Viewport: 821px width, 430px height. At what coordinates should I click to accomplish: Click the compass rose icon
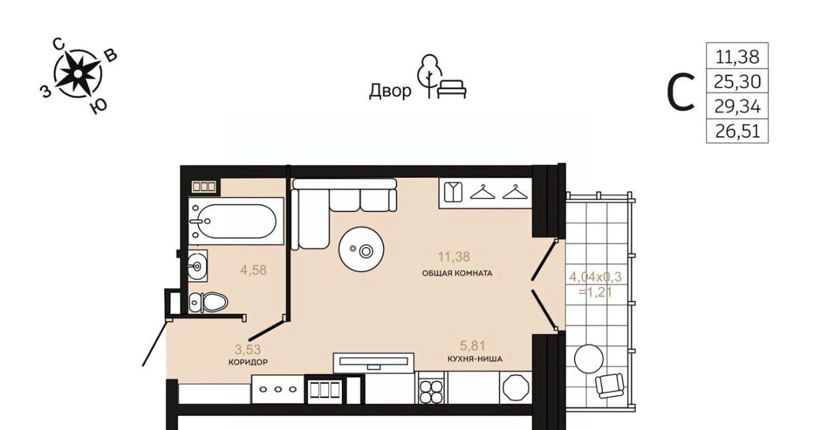pyautogui.click(x=78, y=74)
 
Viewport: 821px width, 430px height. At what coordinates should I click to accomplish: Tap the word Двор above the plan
pyautogui.click(x=390, y=90)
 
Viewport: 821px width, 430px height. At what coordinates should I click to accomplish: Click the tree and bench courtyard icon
pyautogui.click(x=442, y=77)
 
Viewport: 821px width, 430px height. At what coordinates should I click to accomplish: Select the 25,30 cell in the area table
pyautogui.click(x=737, y=81)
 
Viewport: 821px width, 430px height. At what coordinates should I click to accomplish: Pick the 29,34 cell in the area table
pyautogui.click(x=737, y=106)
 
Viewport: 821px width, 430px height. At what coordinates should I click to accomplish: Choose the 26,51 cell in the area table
pyautogui.click(x=737, y=131)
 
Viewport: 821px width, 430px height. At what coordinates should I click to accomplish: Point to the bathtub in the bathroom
pyautogui.click(x=235, y=221)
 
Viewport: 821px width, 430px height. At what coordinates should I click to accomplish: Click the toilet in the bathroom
pyautogui.click(x=208, y=302)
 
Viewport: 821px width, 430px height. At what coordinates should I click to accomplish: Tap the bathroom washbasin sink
pyautogui.click(x=198, y=266)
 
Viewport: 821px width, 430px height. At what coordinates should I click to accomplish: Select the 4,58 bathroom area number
pyautogui.click(x=253, y=270)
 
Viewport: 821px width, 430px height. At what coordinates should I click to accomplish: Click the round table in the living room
pyautogui.click(x=361, y=250)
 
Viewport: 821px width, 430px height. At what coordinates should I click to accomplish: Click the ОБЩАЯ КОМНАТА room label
pyautogui.click(x=457, y=273)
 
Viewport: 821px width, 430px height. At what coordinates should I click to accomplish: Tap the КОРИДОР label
pyautogui.click(x=248, y=362)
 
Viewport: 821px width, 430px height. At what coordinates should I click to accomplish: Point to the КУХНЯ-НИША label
pyautogui.click(x=475, y=359)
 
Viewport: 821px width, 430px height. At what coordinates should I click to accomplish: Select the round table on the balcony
pyautogui.click(x=589, y=359)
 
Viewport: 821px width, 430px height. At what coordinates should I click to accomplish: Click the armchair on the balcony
pyautogui.click(x=609, y=385)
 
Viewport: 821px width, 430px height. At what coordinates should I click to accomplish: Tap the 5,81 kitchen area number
pyautogui.click(x=473, y=346)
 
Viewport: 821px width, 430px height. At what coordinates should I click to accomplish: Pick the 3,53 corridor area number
pyautogui.click(x=248, y=349)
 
